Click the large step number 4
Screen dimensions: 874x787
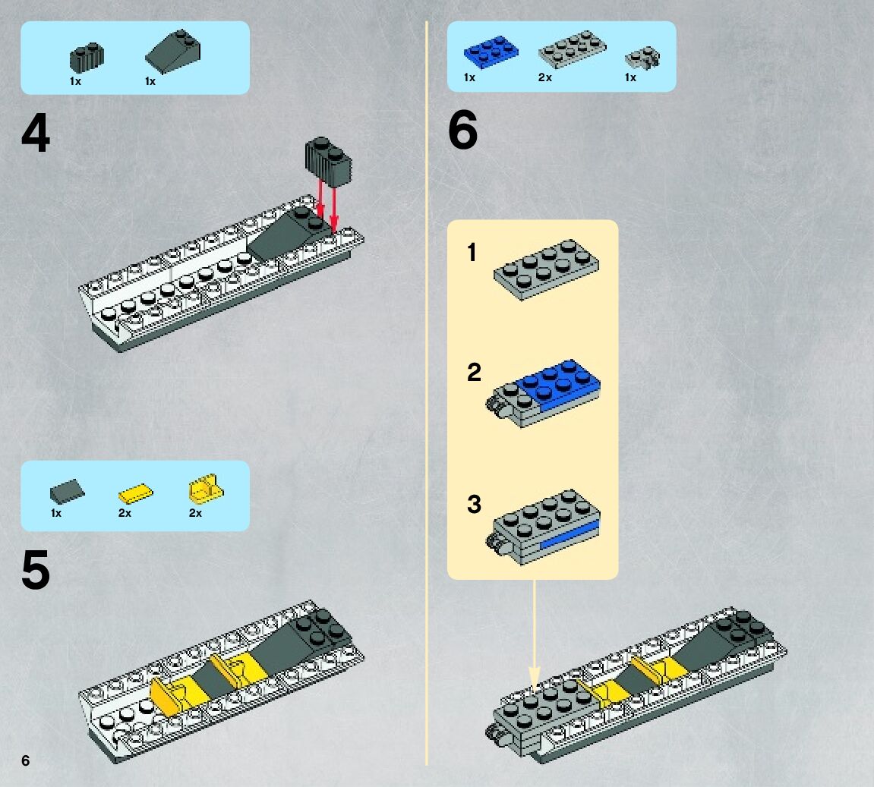coord(36,134)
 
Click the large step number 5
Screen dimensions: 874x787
coord(36,571)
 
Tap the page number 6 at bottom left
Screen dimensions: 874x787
coord(26,760)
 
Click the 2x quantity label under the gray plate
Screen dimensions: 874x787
coord(544,77)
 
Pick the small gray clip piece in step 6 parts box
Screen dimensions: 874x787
coord(642,58)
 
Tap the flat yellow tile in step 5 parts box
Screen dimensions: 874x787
coord(135,494)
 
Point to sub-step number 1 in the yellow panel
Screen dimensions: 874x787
coord(472,252)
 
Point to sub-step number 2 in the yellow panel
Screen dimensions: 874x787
coord(474,373)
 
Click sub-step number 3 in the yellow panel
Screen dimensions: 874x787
coord(474,504)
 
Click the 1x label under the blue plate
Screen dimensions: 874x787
coord(469,77)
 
